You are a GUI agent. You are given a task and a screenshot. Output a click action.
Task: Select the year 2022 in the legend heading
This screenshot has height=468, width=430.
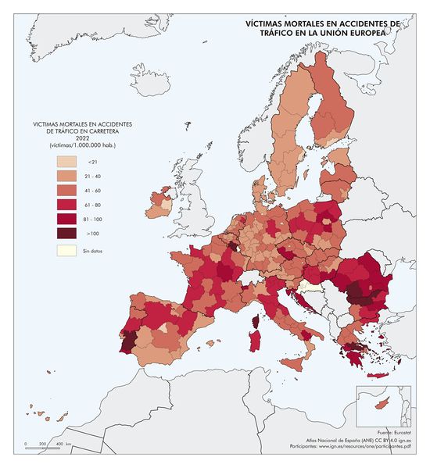tap(82, 139)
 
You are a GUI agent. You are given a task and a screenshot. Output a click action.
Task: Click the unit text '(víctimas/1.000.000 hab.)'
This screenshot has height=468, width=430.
tap(82, 146)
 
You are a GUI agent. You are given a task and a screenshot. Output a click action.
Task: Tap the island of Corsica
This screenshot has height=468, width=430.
tap(254, 321)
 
